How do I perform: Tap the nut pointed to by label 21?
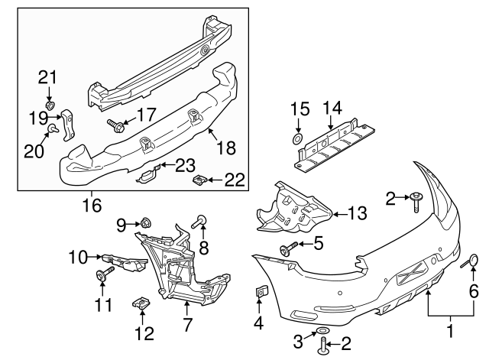[x=49, y=105]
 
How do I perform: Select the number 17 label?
[x=145, y=114]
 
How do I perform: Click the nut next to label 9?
[x=144, y=223]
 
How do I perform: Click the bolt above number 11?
[x=102, y=276]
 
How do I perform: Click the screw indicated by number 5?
[x=290, y=248]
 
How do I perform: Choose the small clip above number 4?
[x=260, y=291]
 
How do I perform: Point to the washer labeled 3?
[x=323, y=331]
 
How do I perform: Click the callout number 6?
[x=473, y=291]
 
